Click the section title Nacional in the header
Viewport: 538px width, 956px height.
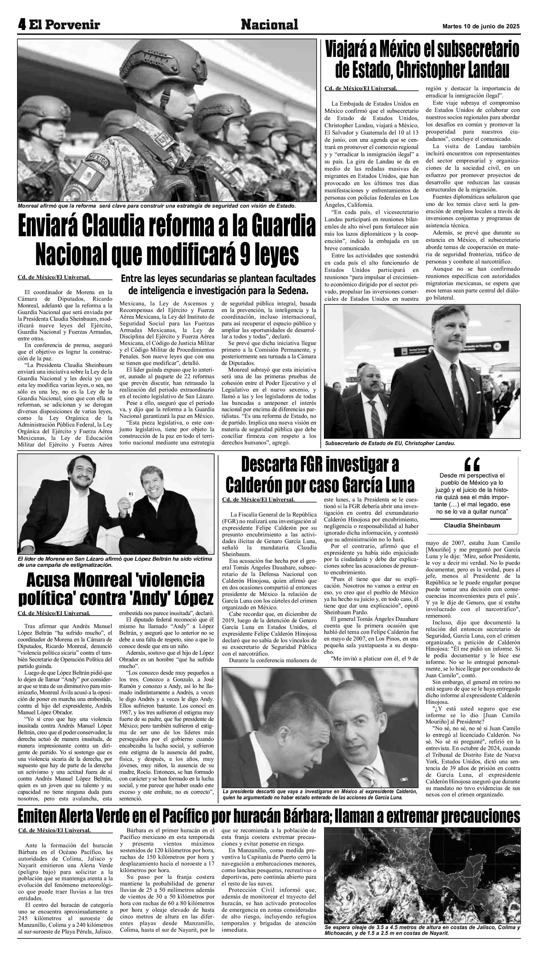[269, 25]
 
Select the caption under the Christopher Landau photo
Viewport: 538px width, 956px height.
[390, 443]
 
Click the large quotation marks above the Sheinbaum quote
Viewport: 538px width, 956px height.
[472, 464]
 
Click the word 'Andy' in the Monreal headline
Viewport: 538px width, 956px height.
[161, 598]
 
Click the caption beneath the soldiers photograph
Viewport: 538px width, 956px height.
[157, 206]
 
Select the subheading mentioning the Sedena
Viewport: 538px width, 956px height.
[218, 284]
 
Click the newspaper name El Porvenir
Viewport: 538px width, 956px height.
[65, 25]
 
